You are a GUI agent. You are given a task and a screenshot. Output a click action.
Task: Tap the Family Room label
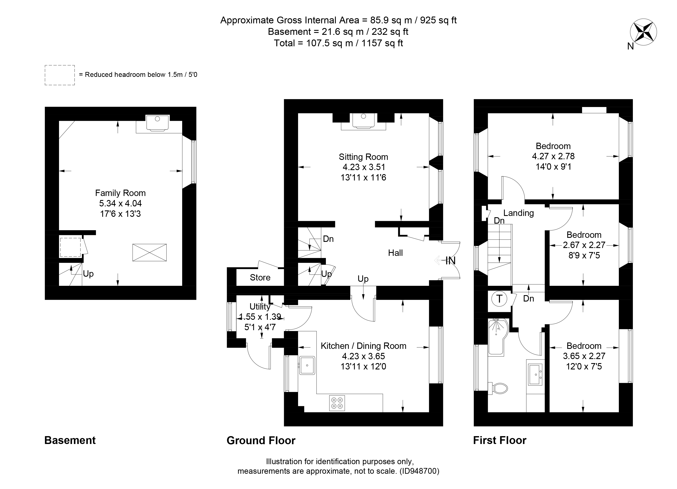tap(120, 193)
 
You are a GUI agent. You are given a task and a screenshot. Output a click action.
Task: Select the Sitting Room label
tap(363, 157)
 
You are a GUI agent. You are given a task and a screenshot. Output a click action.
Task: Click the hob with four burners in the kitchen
tap(337, 403)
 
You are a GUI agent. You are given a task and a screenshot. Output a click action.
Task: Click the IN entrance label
tap(450, 261)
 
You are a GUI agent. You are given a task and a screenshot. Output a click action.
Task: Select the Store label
tap(260, 278)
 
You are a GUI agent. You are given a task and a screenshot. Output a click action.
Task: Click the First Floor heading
tap(500, 440)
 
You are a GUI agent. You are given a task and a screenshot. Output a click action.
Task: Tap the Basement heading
tap(70, 440)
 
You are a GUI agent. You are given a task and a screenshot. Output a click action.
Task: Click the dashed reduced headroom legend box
tap(60, 75)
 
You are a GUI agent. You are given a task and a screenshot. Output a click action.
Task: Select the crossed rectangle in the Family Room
tap(149, 252)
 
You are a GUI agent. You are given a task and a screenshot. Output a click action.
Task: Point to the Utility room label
tap(260, 307)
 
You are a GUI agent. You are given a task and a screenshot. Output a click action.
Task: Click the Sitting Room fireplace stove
tap(363, 121)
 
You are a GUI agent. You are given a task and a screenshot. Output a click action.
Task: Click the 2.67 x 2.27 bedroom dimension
tap(584, 245)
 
